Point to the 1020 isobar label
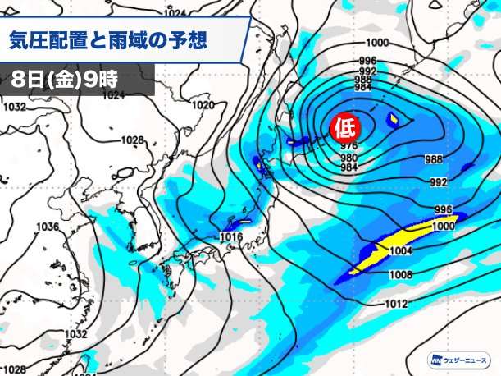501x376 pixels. coord(203,106)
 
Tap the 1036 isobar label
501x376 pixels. coord(47,227)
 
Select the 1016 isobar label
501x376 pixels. coord(231,237)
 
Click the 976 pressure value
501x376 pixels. coord(348,147)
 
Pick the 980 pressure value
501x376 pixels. coord(348,158)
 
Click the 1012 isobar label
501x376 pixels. coord(397,305)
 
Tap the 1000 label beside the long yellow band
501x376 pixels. coord(443,225)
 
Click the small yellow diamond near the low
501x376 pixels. coord(395,122)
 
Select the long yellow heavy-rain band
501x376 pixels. coord(394,245)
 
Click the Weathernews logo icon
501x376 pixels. coord(432,360)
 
